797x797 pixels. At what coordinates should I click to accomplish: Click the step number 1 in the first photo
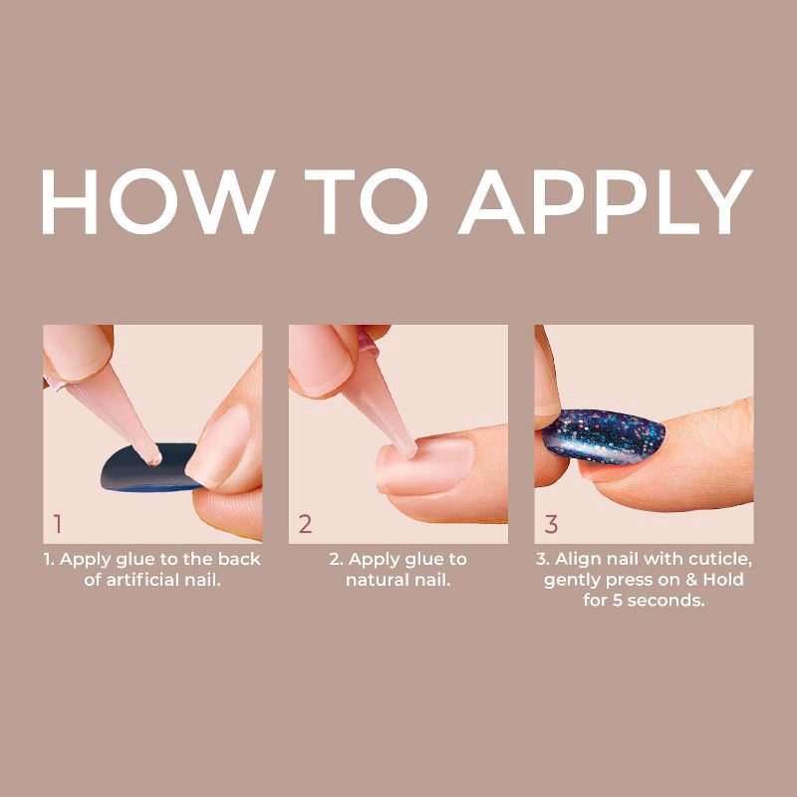(58, 523)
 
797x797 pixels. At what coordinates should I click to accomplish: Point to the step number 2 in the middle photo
(306, 523)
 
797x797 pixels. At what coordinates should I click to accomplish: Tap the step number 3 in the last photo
(551, 523)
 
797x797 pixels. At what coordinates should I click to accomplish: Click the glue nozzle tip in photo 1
(147, 459)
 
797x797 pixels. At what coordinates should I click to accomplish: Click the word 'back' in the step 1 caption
(238, 559)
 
